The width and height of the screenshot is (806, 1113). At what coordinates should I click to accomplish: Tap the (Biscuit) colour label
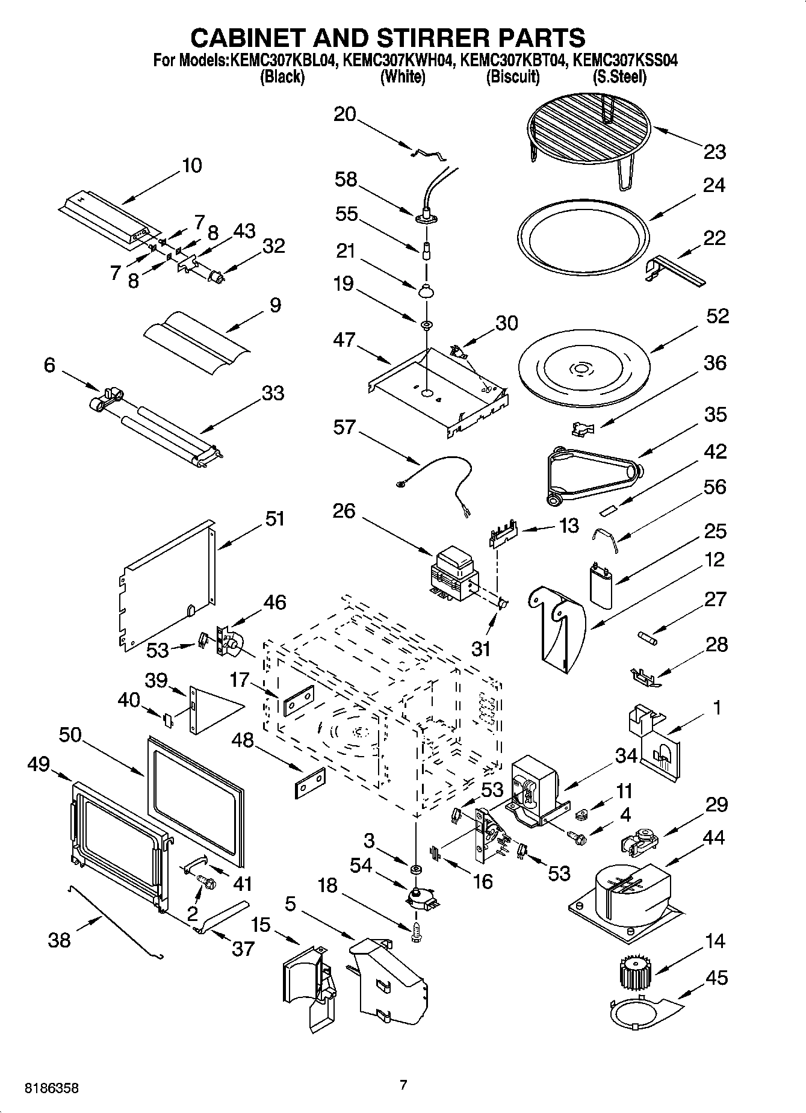pos(512,77)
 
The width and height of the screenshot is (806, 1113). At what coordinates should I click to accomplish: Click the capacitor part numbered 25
pos(602,583)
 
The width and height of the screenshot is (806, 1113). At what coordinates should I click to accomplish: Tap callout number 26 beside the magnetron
pos(344,511)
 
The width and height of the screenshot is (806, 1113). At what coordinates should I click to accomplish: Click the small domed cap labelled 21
pos(426,290)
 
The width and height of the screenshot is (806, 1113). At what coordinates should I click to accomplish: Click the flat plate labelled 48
pos(310,782)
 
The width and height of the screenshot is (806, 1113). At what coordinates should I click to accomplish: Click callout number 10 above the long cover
pos(192,166)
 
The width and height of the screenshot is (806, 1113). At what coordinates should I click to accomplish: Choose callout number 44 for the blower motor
pos(714,837)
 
